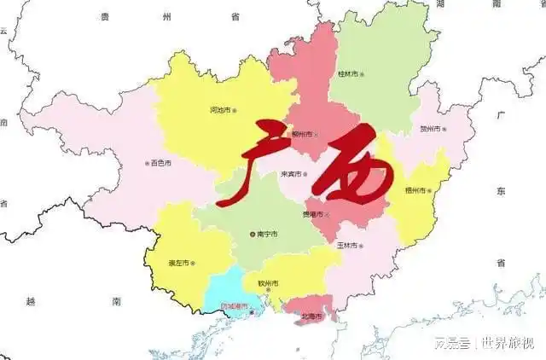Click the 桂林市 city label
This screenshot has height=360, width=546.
pyautogui.click(x=350, y=74)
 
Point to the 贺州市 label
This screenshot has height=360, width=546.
pyautogui.click(x=431, y=130)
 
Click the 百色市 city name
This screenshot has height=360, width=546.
pyautogui.click(x=160, y=163)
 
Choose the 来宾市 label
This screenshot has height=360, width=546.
pyautogui.click(x=293, y=175)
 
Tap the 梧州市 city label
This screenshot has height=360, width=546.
pyautogui.click(x=420, y=190)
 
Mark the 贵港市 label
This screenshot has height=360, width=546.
pyautogui.click(x=314, y=214)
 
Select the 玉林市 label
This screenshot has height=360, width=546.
pyautogui.click(x=346, y=246)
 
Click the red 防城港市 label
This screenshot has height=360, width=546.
pyautogui.click(x=235, y=306)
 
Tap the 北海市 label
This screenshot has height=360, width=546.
pyautogui.click(x=311, y=316)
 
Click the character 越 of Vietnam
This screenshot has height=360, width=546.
pyautogui.click(x=31, y=301)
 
